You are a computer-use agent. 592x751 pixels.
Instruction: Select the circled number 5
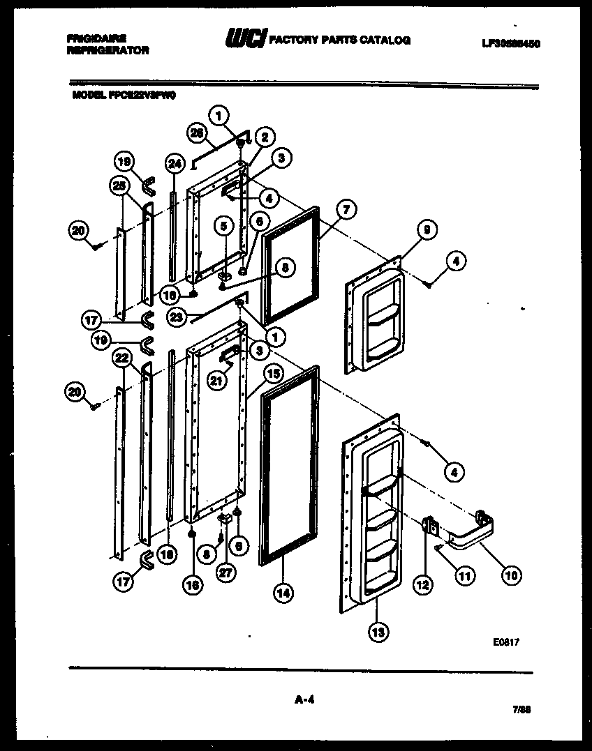coord(223,226)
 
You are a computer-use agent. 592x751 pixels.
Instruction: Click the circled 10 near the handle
coord(511,575)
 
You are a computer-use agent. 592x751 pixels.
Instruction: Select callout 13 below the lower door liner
coord(378,632)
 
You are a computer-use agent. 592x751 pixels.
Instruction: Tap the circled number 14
coord(283,593)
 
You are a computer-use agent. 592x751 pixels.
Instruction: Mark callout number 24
coord(174,164)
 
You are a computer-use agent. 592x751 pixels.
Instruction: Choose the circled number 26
coord(198,132)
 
